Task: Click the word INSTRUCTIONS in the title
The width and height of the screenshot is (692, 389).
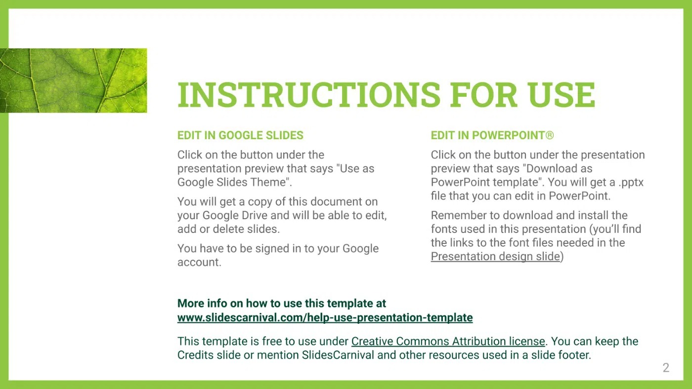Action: coord(309,94)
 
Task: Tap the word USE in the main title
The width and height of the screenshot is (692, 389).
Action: coord(562,94)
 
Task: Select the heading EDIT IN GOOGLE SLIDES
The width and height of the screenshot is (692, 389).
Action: coord(240,135)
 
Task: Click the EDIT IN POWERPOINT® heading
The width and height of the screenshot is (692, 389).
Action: coord(492,135)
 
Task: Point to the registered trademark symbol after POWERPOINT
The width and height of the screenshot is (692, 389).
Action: coord(550,135)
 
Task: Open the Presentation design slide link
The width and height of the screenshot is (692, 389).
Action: coord(495,256)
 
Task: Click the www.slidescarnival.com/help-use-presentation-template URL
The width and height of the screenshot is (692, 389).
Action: coord(325,317)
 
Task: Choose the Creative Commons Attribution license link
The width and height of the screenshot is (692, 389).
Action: coord(448,341)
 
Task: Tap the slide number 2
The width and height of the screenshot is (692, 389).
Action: coord(666,368)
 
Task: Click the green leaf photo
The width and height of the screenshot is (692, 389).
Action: coord(74,80)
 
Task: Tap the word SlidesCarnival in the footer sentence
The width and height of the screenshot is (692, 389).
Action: coord(338,355)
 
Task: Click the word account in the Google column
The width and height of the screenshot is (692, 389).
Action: coord(199,262)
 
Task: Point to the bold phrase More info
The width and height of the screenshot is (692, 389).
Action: coord(202,303)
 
